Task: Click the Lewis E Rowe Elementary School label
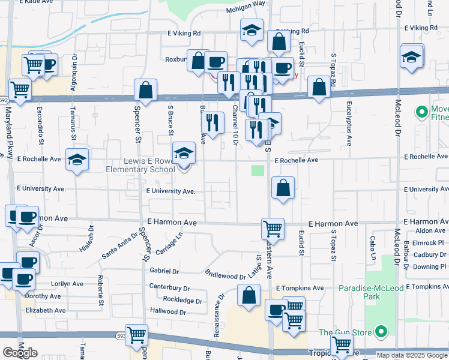point(139,165)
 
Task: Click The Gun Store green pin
point(381,332)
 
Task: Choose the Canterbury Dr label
point(169,287)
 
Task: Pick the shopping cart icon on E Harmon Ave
point(273,228)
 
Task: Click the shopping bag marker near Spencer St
point(145,90)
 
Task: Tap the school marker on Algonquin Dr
point(77,160)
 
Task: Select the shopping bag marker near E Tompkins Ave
point(249,296)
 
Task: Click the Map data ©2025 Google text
point(411,355)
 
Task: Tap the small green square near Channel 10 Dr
point(258,170)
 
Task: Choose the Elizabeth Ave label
point(46,310)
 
